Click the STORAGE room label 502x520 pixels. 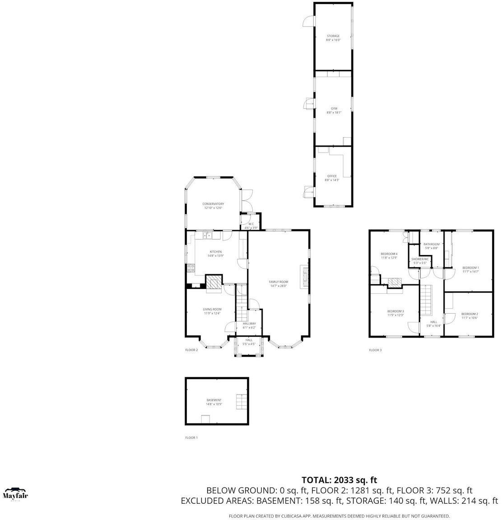[333, 36]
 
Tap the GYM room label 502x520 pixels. [334, 109]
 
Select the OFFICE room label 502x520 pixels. [332, 176]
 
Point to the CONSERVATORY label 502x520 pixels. [213, 204]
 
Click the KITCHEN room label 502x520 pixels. [215, 252]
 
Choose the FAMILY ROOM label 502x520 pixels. [279, 282]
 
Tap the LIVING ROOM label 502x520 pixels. [212, 310]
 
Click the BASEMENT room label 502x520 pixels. [214, 400]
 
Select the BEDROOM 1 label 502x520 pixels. [470, 268]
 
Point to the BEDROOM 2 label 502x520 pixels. [469, 314]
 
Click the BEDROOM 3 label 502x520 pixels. [395, 311]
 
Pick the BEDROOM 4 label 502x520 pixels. [389, 254]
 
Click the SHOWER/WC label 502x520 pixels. [420, 260]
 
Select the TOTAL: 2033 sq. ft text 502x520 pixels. [339, 480]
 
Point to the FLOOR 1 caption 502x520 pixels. [191, 438]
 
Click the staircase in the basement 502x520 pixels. [241, 401]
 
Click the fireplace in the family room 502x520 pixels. [304, 276]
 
